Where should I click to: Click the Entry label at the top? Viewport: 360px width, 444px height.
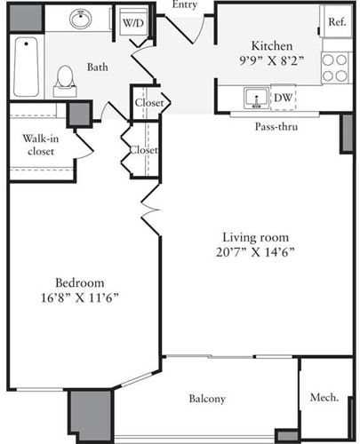(x=186, y=5)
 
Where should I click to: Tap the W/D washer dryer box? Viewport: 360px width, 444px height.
(x=133, y=21)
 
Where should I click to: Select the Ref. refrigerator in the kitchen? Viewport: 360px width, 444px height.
(x=336, y=21)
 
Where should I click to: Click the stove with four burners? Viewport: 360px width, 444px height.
(x=334, y=68)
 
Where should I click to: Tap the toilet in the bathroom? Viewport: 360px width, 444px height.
(x=65, y=80)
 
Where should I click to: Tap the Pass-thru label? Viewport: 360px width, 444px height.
(x=276, y=127)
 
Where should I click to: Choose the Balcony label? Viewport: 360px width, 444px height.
(x=207, y=399)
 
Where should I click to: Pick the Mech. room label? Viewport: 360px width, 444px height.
(x=324, y=398)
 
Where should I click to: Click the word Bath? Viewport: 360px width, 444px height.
(x=98, y=66)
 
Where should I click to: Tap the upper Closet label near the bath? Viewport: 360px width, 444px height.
(x=148, y=103)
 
